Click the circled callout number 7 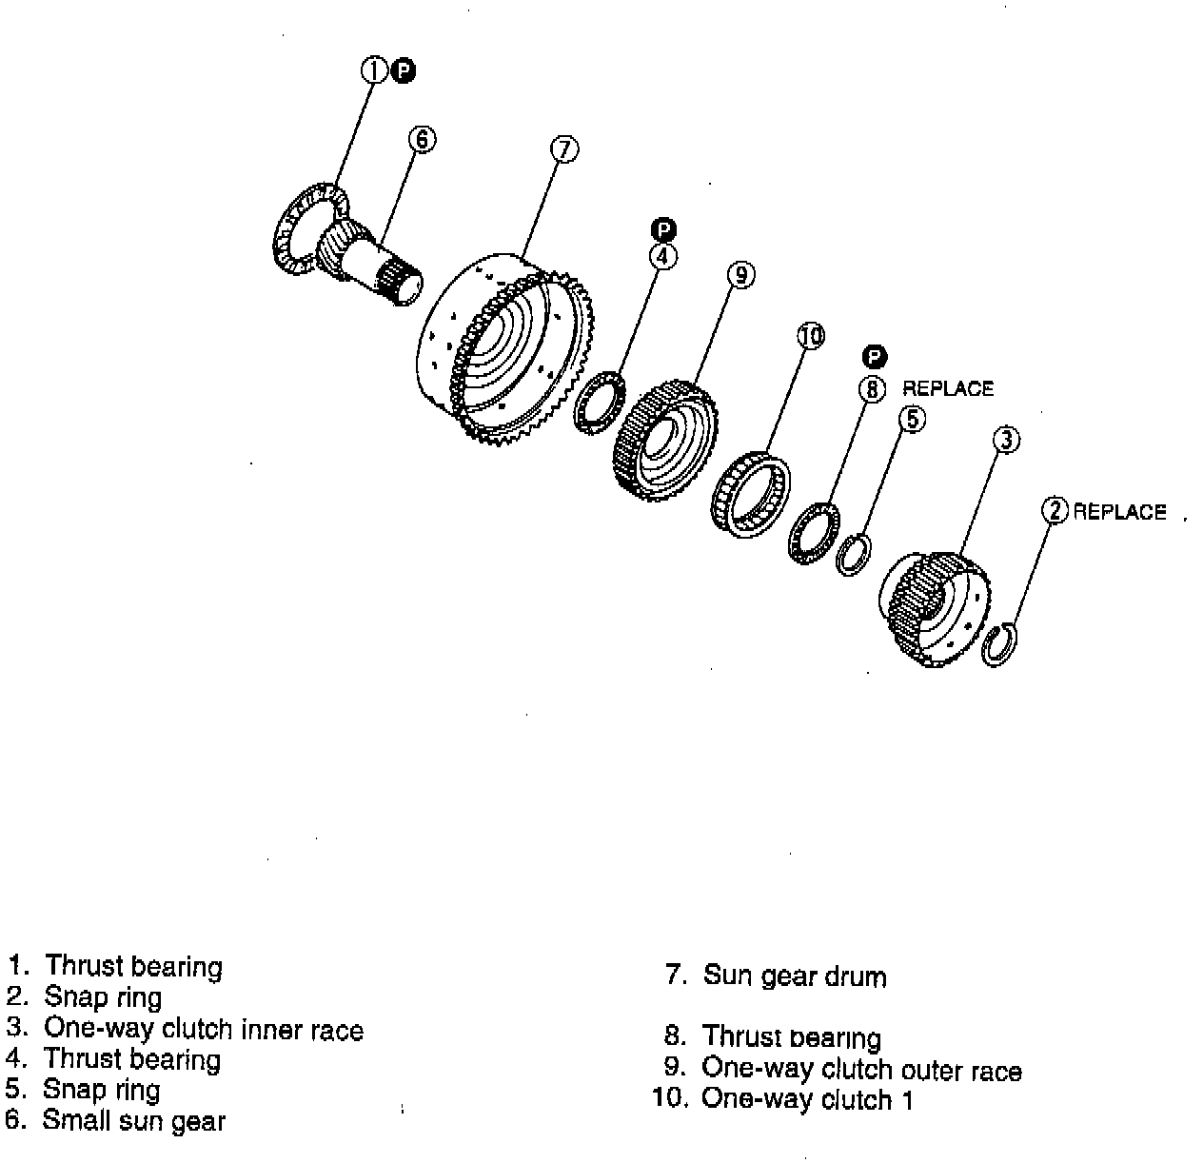tap(564, 149)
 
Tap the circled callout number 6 tap(422, 139)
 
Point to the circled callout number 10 tap(810, 335)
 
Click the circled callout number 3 tap(1006, 439)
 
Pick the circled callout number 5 tap(912, 418)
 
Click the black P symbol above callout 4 tap(663, 229)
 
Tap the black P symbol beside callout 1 tap(404, 69)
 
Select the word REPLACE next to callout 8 tap(947, 388)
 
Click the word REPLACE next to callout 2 tap(1119, 512)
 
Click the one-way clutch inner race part tap(933, 609)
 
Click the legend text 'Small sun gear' tap(133, 1120)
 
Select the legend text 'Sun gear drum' tap(795, 976)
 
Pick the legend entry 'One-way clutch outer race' tap(861, 1070)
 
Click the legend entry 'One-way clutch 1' tap(807, 1099)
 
